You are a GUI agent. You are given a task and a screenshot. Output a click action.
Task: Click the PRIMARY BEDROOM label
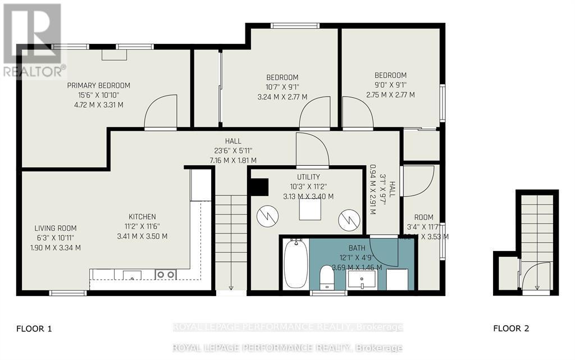point(98,85)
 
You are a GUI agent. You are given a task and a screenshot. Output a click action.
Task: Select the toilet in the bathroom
point(327,279)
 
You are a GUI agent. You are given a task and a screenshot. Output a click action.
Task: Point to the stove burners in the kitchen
point(166,274)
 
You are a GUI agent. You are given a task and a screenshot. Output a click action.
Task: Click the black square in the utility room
point(259,187)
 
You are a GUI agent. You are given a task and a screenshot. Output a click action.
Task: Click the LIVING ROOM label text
point(55,228)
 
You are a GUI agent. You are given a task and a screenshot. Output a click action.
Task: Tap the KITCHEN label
point(143,217)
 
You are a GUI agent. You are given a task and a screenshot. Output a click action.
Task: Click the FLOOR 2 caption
point(511,329)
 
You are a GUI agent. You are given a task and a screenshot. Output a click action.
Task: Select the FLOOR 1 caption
point(34,329)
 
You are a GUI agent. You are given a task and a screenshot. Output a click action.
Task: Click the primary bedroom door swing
point(161,113)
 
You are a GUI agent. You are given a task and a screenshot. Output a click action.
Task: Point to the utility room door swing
point(312,150)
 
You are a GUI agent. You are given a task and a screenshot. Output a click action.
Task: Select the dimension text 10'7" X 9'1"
point(282,87)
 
